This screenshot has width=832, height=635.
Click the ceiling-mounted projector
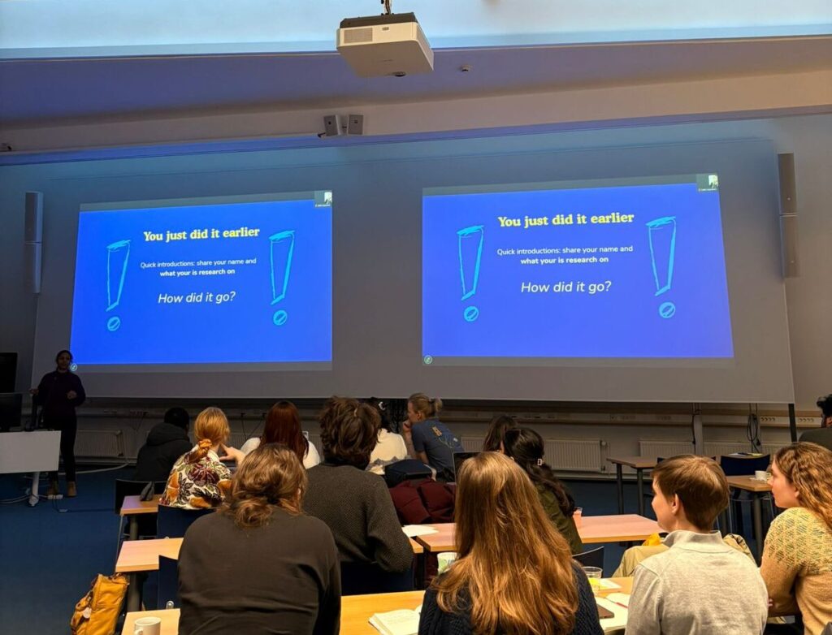[x=384, y=45]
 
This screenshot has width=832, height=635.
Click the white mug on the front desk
[x=147, y=626]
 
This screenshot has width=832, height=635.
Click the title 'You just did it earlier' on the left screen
[x=201, y=234]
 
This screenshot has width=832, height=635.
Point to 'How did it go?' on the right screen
[x=565, y=287]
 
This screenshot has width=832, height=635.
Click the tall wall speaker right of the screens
[x=787, y=215]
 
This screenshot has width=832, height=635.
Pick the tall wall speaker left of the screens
[x=33, y=242]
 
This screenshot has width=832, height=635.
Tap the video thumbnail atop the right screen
[x=708, y=183]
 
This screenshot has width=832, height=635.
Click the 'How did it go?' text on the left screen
[x=197, y=298]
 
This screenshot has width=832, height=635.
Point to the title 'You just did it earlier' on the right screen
[x=565, y=219]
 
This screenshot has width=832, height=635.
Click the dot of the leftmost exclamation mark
[x=113, y=324]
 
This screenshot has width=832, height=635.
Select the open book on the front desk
[x=396, y=620]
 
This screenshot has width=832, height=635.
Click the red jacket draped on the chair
[x=422, y=500]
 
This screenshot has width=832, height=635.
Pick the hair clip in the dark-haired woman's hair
[x=540, y=462]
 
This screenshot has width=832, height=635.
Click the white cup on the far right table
[x=761, y=475]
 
